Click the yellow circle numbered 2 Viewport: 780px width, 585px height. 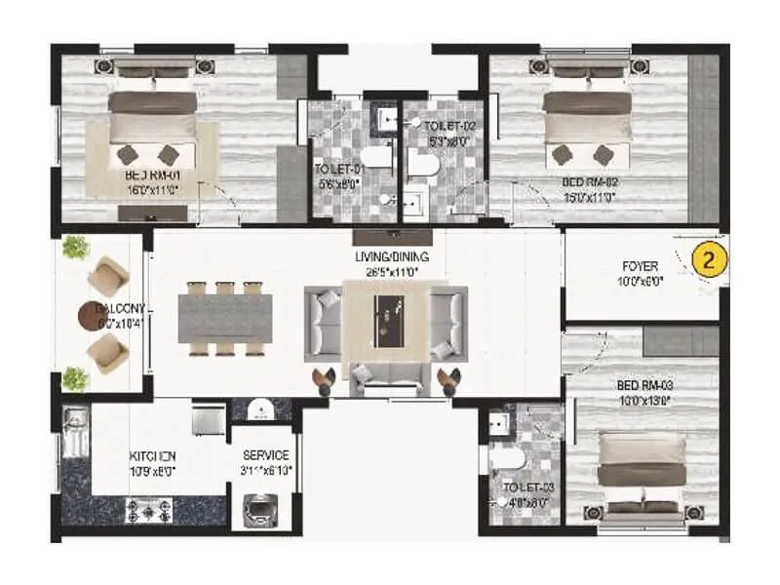[x=711, y=260]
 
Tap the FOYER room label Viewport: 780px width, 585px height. [x=640, y=265]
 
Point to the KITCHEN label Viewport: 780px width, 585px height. [x=153, y=455]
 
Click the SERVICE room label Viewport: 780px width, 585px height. [x=265, y=455]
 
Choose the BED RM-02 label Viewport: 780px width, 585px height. [x=588, y=181]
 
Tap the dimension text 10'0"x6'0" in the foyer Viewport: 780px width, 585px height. [x=640, y=280]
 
